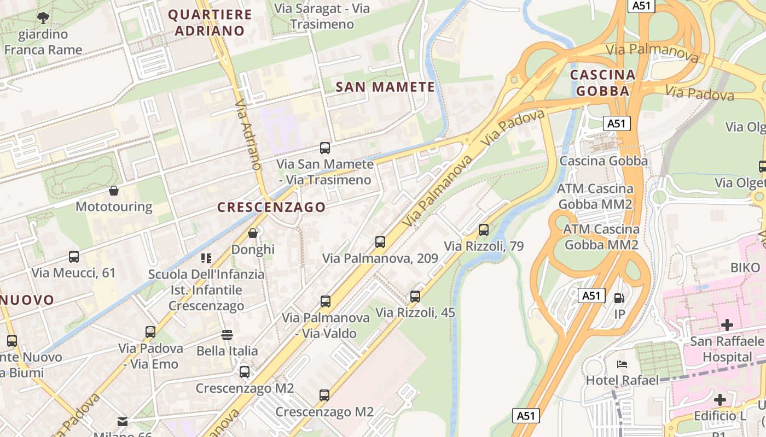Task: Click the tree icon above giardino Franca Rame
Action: (x=43, y=19)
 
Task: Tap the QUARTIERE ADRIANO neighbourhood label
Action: (x=210, y=22)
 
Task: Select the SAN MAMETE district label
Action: (x=385, y=87)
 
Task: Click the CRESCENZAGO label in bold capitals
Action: (x=271, y=207)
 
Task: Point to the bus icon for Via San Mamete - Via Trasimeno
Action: (x=325, y=147)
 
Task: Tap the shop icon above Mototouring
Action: (x=114, y=191)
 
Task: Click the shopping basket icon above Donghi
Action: (x=253, y=233)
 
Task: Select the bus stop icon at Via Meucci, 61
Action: (x=74, y=256)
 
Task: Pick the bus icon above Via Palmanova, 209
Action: (x=380, y=241)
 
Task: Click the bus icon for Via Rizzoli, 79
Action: (x=483, y=229)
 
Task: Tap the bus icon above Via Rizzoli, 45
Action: (x=415, y=297)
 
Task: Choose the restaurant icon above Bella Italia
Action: (x=227, y=334)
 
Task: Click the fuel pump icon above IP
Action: (x=619, y=298)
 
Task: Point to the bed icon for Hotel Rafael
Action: (x=622, y=364)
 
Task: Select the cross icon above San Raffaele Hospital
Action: (x=727, y=326)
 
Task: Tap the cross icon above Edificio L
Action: (x=720, y=400)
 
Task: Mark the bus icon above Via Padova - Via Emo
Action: (x=150, y=332)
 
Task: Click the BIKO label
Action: (x=745, y=268)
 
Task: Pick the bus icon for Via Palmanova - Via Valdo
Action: (x=326, y=301)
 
